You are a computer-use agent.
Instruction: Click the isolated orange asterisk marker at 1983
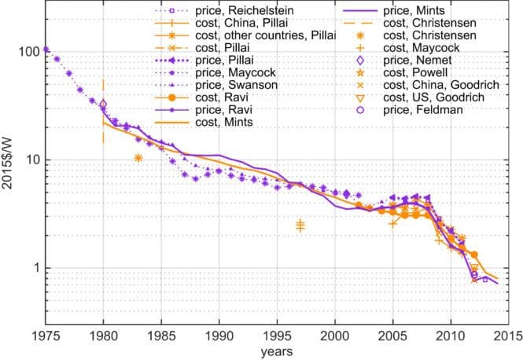click(138, 158)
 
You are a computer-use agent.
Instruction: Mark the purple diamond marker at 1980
click(103, 105)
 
